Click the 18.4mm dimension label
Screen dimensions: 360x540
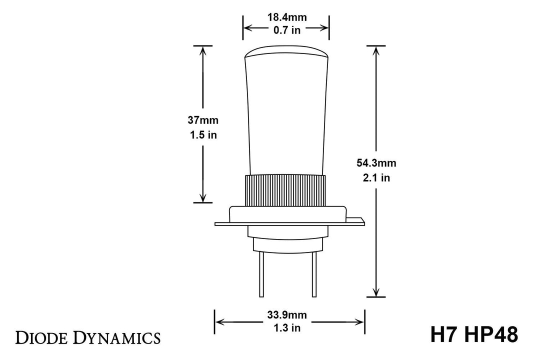click(x=286, y=17)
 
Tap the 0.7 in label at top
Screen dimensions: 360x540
click(x=286, y=30)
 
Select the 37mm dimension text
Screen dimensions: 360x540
click(x=203, y=120)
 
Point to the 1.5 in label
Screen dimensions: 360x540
click(x=203, y=135)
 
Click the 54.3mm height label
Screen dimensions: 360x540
click(x=376, y=162)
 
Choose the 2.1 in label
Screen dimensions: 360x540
click(x=376, y=177)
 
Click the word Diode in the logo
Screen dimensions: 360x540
click(x=44, y=337)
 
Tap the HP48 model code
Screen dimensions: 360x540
click(x=490, y=335)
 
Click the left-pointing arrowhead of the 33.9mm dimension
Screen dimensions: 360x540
click(x=219, y=321)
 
